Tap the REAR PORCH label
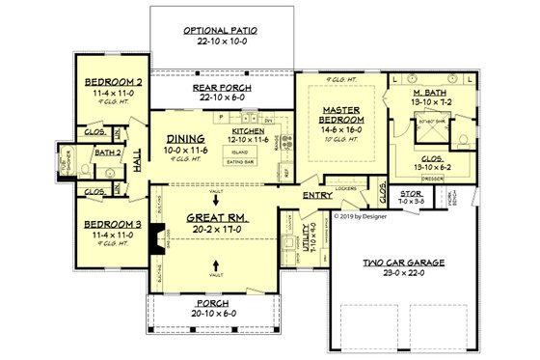223,88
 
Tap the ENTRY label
317,196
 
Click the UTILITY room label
306,234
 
